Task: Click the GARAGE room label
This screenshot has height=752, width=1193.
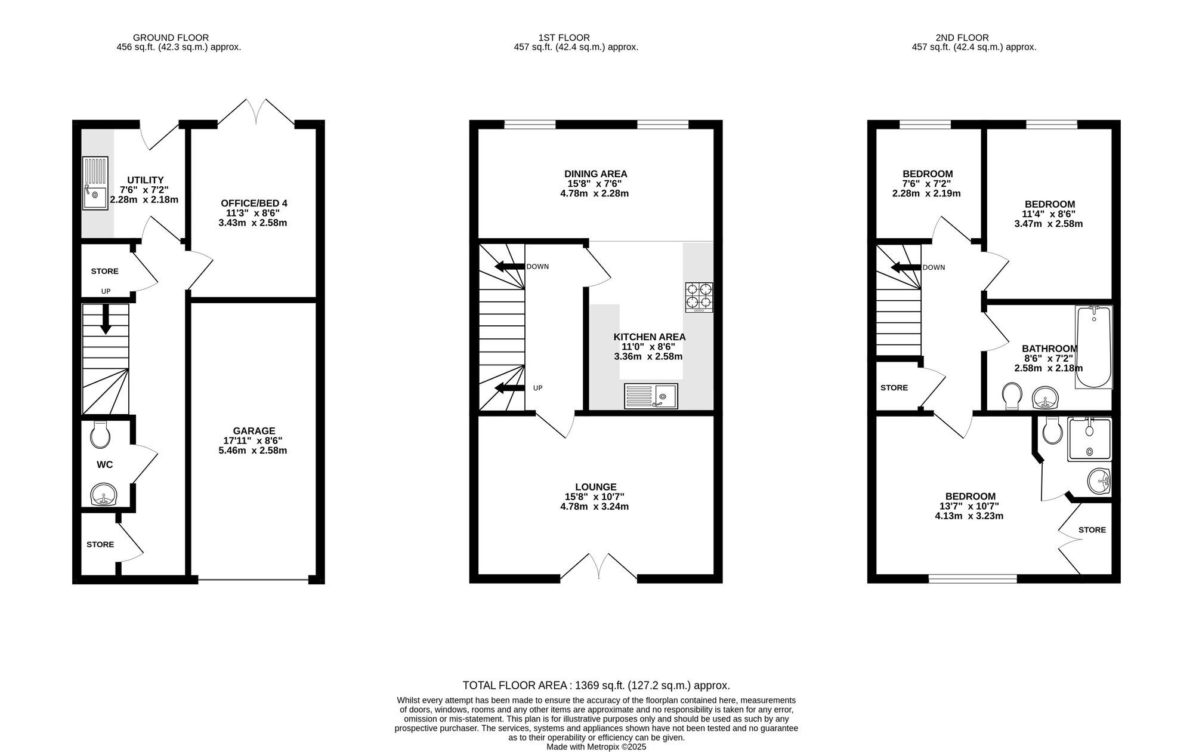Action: pyautogui.click(x=254, y=431)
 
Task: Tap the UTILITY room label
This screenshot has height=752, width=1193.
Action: pyautogui.click(x=146, y=180)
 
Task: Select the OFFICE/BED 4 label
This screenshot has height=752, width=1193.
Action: pyautogui.click(x=254, y=204)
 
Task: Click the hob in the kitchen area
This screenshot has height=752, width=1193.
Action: pyautogui.click(x=699, y=297)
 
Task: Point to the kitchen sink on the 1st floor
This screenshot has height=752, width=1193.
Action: pyautogui.click(x=651, y=396)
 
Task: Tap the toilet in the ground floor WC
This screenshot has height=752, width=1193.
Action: pyautogui.click(x=100, y=434)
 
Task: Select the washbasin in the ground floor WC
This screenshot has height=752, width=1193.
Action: pyautogui.click(x=104, y=495)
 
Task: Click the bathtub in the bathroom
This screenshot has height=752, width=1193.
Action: pyautogui.click(x=1094, y=347)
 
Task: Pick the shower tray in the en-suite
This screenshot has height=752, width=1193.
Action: pyautogui.click(x=1090, y=439)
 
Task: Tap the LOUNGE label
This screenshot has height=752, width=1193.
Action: pyautogui.click(x=596, y=487)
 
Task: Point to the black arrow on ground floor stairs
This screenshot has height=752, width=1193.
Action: pyautogui.click(x=106, y=319)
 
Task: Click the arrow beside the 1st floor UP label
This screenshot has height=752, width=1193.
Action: pyautogui.click(x=506, y=389)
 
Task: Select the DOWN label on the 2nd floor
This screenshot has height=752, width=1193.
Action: pyautogui.click(x=934, y=267)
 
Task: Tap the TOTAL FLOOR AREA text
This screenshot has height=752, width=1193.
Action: pyautogui.click(x=596, y=686)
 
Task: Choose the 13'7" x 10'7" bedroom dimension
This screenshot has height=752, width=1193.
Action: pyautogui.click(x=969, y=506)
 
